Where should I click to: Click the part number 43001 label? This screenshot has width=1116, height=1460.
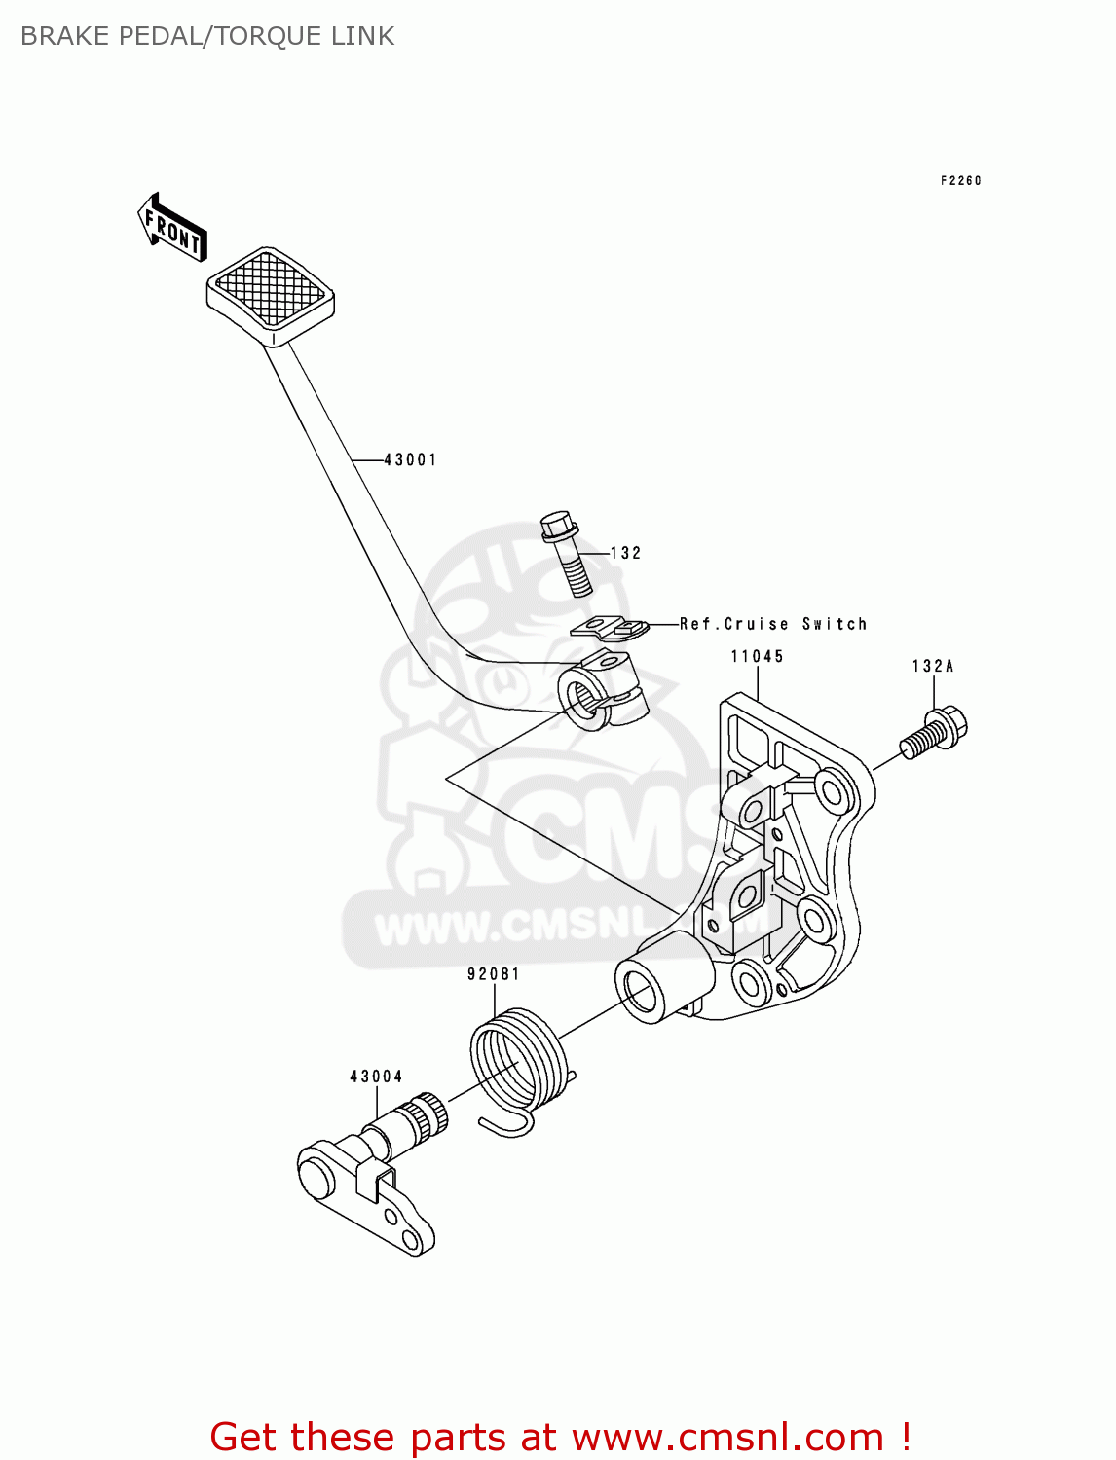(410, 459)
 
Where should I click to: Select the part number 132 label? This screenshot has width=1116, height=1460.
(625, 553)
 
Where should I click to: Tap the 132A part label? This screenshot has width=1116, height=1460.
(932, 667)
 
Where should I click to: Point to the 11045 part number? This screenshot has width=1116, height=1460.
(757, 657)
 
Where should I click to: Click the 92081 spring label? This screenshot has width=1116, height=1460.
(494, 974)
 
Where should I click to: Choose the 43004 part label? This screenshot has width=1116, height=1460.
(376, 1077)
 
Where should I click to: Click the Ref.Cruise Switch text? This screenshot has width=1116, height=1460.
(772, 624)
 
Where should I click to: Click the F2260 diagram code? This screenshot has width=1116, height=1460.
(960, 181)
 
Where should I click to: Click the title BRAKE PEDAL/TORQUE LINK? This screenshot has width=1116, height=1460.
(207, 36)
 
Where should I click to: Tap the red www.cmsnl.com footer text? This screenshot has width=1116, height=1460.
(560, 1437)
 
